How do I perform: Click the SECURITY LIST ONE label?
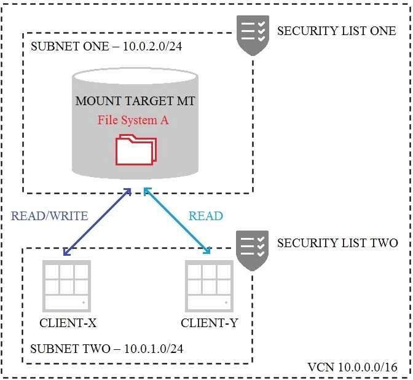click(336, 31)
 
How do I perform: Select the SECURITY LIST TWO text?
click(337, 243)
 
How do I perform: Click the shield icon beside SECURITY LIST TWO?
click(253, 251)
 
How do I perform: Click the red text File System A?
click(133, 121)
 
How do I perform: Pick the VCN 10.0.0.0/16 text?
click(352, 367)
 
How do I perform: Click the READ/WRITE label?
click(49, 216)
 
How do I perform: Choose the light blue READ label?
click(206, 216)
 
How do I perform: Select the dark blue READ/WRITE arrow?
click(97, 221)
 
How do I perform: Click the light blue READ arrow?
click(178, 221)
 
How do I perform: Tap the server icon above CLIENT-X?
click(66, 286)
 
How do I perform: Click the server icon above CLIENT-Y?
click(209, 286)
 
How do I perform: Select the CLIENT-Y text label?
click(209, 323)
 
